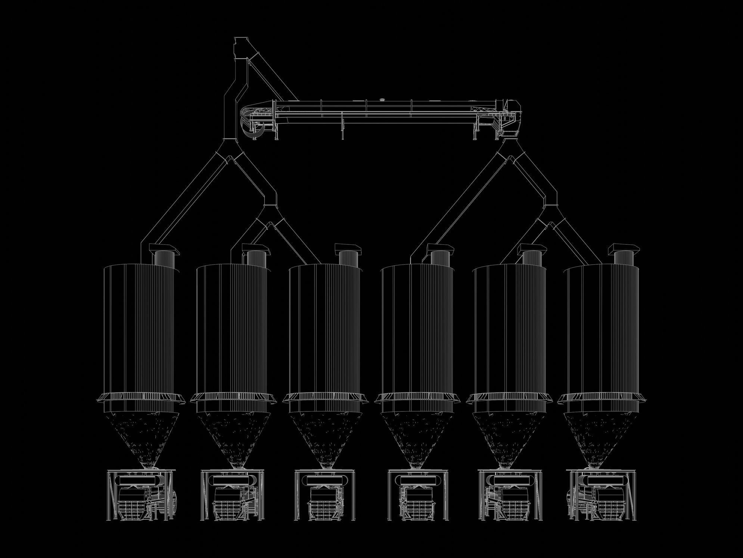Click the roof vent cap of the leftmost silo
click(x=164, y=248)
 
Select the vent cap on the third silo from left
click(x=349, y=248)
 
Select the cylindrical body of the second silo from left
click(x=232, y=329)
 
